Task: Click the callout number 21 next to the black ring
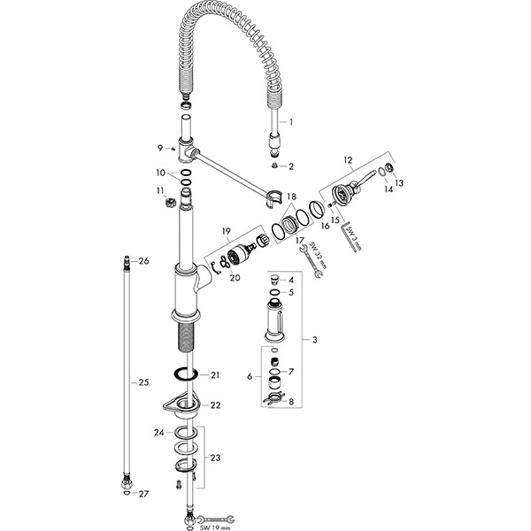(x=215, y=376)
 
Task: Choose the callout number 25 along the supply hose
(x=143, y=382)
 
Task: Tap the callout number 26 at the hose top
(x=144, y=261)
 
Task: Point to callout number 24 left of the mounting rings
(x=159, y=434)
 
